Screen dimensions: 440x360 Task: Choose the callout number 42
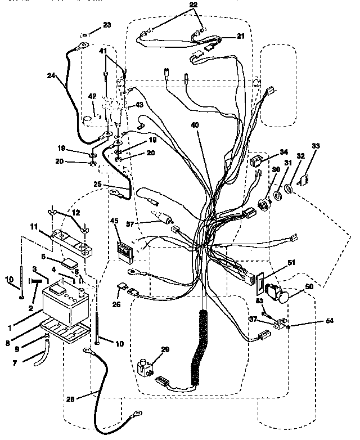[92, 95]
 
